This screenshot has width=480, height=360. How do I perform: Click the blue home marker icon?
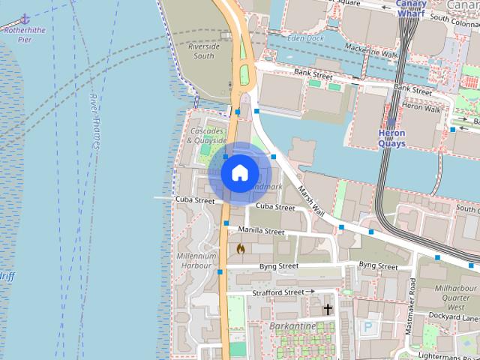pos(239,173)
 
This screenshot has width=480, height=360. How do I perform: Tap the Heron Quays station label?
pos(391,138)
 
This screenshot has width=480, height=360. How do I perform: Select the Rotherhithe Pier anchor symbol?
pos(25,18)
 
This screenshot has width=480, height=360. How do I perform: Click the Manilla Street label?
pos(261,231)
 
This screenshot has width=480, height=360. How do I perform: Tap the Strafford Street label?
pos(277,292)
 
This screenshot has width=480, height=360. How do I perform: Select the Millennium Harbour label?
pos(196,261)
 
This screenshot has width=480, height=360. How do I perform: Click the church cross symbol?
pos(327,309)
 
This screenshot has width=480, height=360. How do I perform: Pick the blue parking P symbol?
pos(368,327)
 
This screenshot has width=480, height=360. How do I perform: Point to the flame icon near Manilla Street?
pos(241,248)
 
